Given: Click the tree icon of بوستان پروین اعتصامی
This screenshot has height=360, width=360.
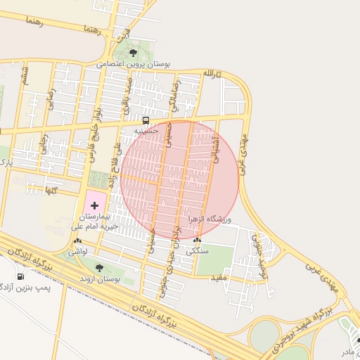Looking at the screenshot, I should coord(134,52).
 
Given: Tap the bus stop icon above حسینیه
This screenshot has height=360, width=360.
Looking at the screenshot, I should coord(146,120).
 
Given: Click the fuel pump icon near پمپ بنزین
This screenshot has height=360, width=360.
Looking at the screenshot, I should coord(20,276).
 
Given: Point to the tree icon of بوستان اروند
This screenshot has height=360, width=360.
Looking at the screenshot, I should coord(98,268).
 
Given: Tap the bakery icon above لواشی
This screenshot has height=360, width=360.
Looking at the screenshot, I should coord(77,241).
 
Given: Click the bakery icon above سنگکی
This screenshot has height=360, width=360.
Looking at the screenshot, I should coord(196,241).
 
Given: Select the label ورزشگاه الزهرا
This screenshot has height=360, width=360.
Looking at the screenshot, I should coord(210,219).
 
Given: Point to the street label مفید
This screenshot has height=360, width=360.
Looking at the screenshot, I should coord(219,278).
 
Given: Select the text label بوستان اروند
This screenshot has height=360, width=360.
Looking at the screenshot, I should coord(98,279).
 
